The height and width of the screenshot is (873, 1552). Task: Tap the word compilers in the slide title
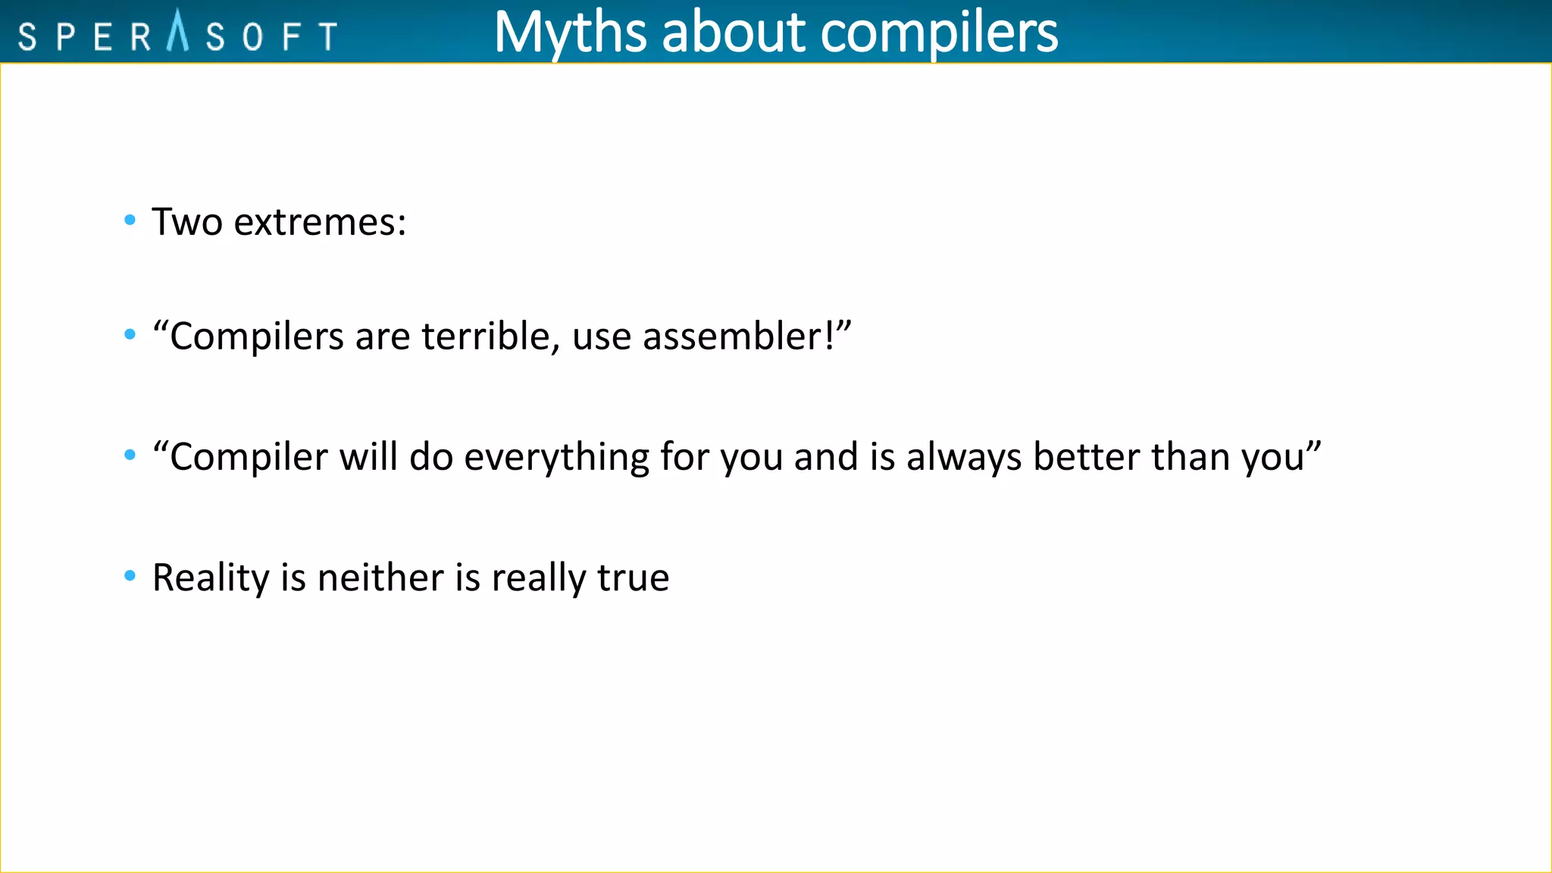pyautogui.click(x=939, y=33)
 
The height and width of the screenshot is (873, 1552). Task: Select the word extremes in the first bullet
pyautogui.click(x=320, y=223)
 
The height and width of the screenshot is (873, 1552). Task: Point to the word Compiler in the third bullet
pyautogui.click(x=249, y=458)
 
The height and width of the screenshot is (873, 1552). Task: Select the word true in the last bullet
pyautogui.click(x=634, y=578)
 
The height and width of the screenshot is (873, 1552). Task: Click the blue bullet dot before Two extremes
pyautogui.click(x=130, y=221)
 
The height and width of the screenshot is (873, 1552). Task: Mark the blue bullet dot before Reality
pyautogui.click(x=130, y=577)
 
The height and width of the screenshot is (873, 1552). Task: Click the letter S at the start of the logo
pyautogui.click(x=27, y=36)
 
